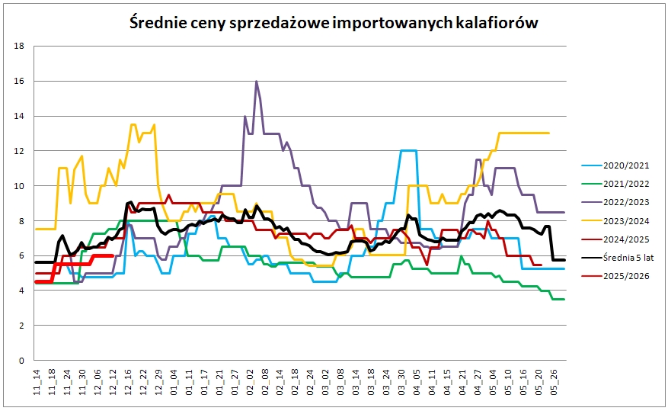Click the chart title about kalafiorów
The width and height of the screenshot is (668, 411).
click(x=334, y=23)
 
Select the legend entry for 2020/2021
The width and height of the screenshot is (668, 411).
click(x=615, y=165)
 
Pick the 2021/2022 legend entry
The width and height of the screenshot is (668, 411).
click(x=615, y=184)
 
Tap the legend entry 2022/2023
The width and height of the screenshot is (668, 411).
click(x=615, y=202)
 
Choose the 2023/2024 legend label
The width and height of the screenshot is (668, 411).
click(x=615, y=221)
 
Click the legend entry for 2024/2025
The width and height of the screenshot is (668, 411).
click(x=615, y=239)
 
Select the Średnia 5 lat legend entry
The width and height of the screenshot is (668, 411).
click(x=618, y=258)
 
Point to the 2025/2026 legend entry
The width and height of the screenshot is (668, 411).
click(x=615, y=276)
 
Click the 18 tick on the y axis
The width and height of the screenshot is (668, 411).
click(x=19, y=46)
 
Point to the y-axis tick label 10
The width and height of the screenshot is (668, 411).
click(x=19, y=186)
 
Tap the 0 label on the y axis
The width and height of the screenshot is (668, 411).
click(x=22, y=361)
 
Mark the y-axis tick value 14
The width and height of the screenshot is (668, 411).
click(x=19, y=116)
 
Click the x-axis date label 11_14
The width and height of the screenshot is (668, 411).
click(x=37, y=382)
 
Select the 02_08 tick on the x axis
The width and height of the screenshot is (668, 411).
click(x=265, y=382)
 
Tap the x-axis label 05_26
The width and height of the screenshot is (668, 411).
click(x=554, y=382)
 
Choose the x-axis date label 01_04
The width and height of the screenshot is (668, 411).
click(x=174, y=382)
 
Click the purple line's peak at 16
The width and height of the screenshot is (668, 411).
click(x=256, y=81)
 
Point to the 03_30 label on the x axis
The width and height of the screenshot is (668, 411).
click(x=401, y=382)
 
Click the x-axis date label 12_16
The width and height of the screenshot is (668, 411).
click(x=128, y=382)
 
